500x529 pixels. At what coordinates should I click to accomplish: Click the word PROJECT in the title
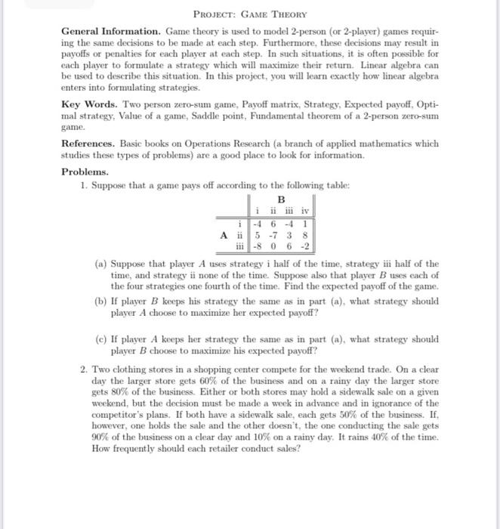click(x=215, y=14)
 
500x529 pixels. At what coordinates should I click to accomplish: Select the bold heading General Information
click(x=110, y=33)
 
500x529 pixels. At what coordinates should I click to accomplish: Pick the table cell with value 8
click(x=304, y=234)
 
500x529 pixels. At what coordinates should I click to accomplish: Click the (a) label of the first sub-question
click(x=100, y=264)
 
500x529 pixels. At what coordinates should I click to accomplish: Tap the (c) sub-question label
click(x=100, y=339)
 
